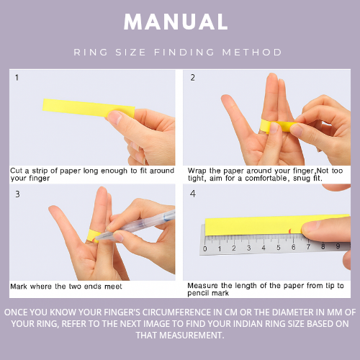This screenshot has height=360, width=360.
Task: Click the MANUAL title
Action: click(x=176, y=22)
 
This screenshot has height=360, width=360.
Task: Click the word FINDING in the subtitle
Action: click(x=184, y=53)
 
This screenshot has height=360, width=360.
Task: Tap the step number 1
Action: click(x=17, y=78)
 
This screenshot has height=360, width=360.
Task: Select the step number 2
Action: click(x=192, y=78)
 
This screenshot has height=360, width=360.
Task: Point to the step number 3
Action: click(x=17, y=194)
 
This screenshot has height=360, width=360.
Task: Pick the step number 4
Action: click(x=193, y=194)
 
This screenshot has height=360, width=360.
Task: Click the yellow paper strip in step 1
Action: click(x=89, y=108)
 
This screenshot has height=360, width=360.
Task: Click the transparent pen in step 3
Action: click(x=135, y=225)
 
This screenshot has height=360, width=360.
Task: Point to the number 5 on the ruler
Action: click(x=279, y=247)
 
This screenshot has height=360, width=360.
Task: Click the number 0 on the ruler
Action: click(x=204, y=248)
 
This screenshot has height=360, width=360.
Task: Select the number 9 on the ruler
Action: click(x=338, y=246)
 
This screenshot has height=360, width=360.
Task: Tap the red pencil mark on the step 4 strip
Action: click(x=290, y=231)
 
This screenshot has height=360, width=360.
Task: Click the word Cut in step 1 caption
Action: click(x=17, y=171)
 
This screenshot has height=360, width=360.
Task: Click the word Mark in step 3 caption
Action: click(x=19, y=287)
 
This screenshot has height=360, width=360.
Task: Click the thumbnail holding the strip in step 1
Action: click(x=114, y=117)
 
